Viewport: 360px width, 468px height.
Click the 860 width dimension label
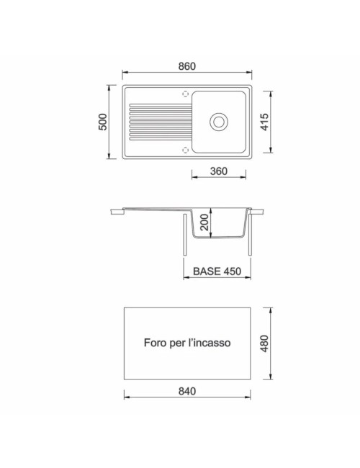pos(187,66)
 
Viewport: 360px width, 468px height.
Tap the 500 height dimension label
pos(102,122)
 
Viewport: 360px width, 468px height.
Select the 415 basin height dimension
pos(264,122)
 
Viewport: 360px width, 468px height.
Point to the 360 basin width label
pos(218,171)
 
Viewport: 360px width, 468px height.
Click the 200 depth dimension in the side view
pos(204,222)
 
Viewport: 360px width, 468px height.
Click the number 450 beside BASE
pos(232,271)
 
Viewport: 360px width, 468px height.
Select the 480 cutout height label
pos(264,343)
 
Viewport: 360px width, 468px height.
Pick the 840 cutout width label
pos(187,391)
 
